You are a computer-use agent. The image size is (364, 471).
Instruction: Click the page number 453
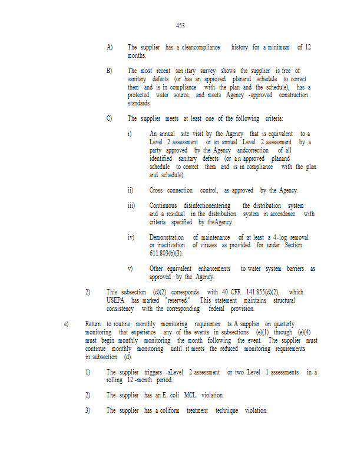tap(180, 26)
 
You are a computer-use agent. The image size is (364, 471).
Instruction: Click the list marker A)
tap(110, 47)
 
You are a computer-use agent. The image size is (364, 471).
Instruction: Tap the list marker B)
tap(110, 71)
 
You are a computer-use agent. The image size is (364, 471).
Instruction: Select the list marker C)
tap(110, 118)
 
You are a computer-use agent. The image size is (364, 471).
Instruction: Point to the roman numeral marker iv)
tap(131, 237)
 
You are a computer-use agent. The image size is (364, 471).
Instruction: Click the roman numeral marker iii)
tap(131, 205)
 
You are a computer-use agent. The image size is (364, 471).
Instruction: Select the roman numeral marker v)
tap(130, 268)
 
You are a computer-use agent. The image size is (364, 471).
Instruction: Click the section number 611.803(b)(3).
tap(166, 253)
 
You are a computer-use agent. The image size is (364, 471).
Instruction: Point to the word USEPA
tap(117, 300)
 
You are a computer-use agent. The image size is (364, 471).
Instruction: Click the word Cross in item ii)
tap(156, 190)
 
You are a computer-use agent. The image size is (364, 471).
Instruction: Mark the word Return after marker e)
tap(93, 324)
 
